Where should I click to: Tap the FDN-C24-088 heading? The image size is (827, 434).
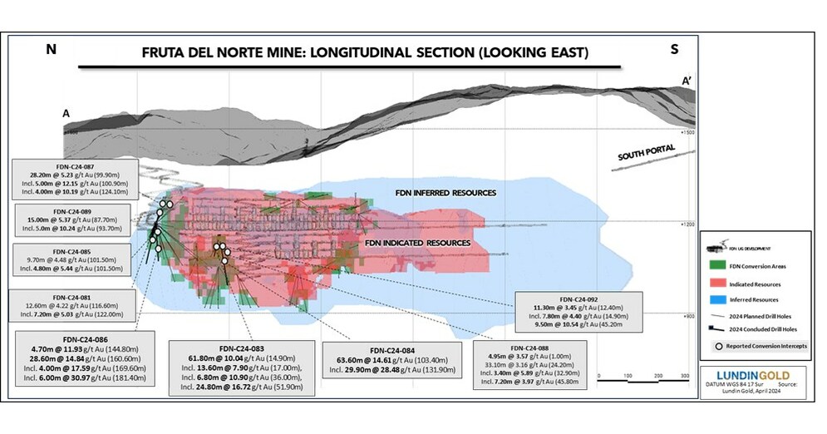click(533, 347)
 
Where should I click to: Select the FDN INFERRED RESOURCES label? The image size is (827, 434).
click(445, 193)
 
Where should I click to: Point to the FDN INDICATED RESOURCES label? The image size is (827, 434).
click(418, 243)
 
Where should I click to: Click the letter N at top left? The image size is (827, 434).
click(52, 50)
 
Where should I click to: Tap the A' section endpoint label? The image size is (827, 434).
click(689, 81)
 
